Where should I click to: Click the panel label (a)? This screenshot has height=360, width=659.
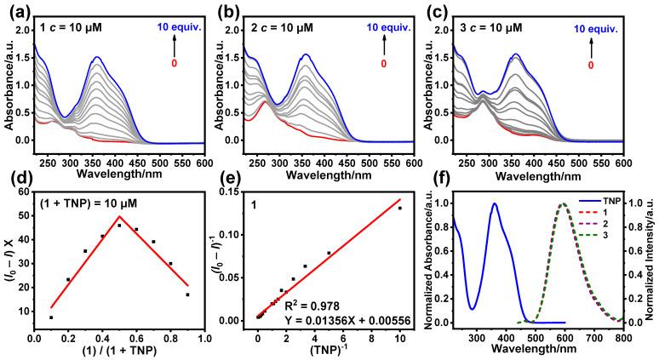pyautogui.click(x=16, y=11)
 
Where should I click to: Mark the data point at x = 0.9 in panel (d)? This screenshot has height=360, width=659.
pyautogui.click(x=187, y=294)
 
